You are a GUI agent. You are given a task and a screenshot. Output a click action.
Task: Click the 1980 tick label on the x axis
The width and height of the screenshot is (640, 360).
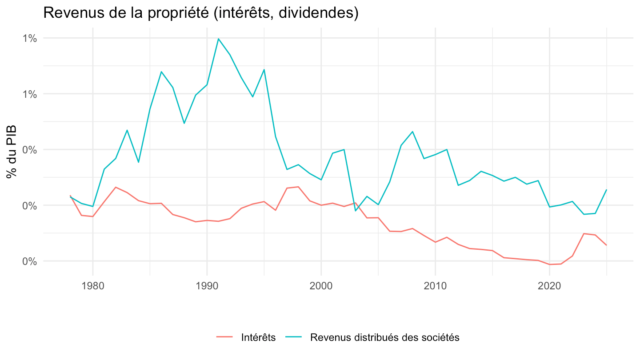coord(92,286)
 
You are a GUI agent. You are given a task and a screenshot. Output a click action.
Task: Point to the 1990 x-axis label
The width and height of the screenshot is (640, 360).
coord(207,286)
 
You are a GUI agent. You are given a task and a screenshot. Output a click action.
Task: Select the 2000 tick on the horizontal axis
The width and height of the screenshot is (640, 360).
coord(321,286)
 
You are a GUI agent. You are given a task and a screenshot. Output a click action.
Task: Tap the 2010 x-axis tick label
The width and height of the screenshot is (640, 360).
coord(435,286)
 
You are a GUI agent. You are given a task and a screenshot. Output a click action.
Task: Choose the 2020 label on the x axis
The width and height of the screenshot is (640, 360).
coord(549,286)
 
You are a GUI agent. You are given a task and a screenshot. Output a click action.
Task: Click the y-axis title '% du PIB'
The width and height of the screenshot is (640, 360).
coord(12,152)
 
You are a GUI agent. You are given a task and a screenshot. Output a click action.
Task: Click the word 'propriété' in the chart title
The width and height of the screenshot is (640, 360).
coord(177,13)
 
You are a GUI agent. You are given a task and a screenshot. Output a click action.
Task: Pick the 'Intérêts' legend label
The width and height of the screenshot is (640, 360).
coord(258,337)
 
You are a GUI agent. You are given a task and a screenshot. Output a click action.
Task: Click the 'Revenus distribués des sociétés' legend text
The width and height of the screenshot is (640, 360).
coord(384,337)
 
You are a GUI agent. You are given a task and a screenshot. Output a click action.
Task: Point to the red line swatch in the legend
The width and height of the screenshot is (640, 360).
coord(224,337)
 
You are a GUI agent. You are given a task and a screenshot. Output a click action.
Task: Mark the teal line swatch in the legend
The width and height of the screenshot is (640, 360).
coord(294,337)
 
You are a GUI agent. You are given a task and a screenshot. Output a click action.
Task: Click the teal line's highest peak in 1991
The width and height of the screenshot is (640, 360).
coord(218,39)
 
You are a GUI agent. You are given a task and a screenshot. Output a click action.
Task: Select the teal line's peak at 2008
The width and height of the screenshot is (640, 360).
coord(412,132)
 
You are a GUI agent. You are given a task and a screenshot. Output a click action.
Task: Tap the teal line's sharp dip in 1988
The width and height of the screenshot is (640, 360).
coord(184,123)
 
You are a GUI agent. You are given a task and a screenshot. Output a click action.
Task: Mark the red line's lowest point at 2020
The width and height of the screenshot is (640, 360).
coord(549,264)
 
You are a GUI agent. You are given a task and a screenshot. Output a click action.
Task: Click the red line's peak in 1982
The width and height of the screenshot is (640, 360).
coord(116,187)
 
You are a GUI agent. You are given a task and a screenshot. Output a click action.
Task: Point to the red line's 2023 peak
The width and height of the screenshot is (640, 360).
coord(584,233)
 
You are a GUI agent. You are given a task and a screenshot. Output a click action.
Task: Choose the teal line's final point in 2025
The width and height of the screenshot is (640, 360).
coord(606,190)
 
